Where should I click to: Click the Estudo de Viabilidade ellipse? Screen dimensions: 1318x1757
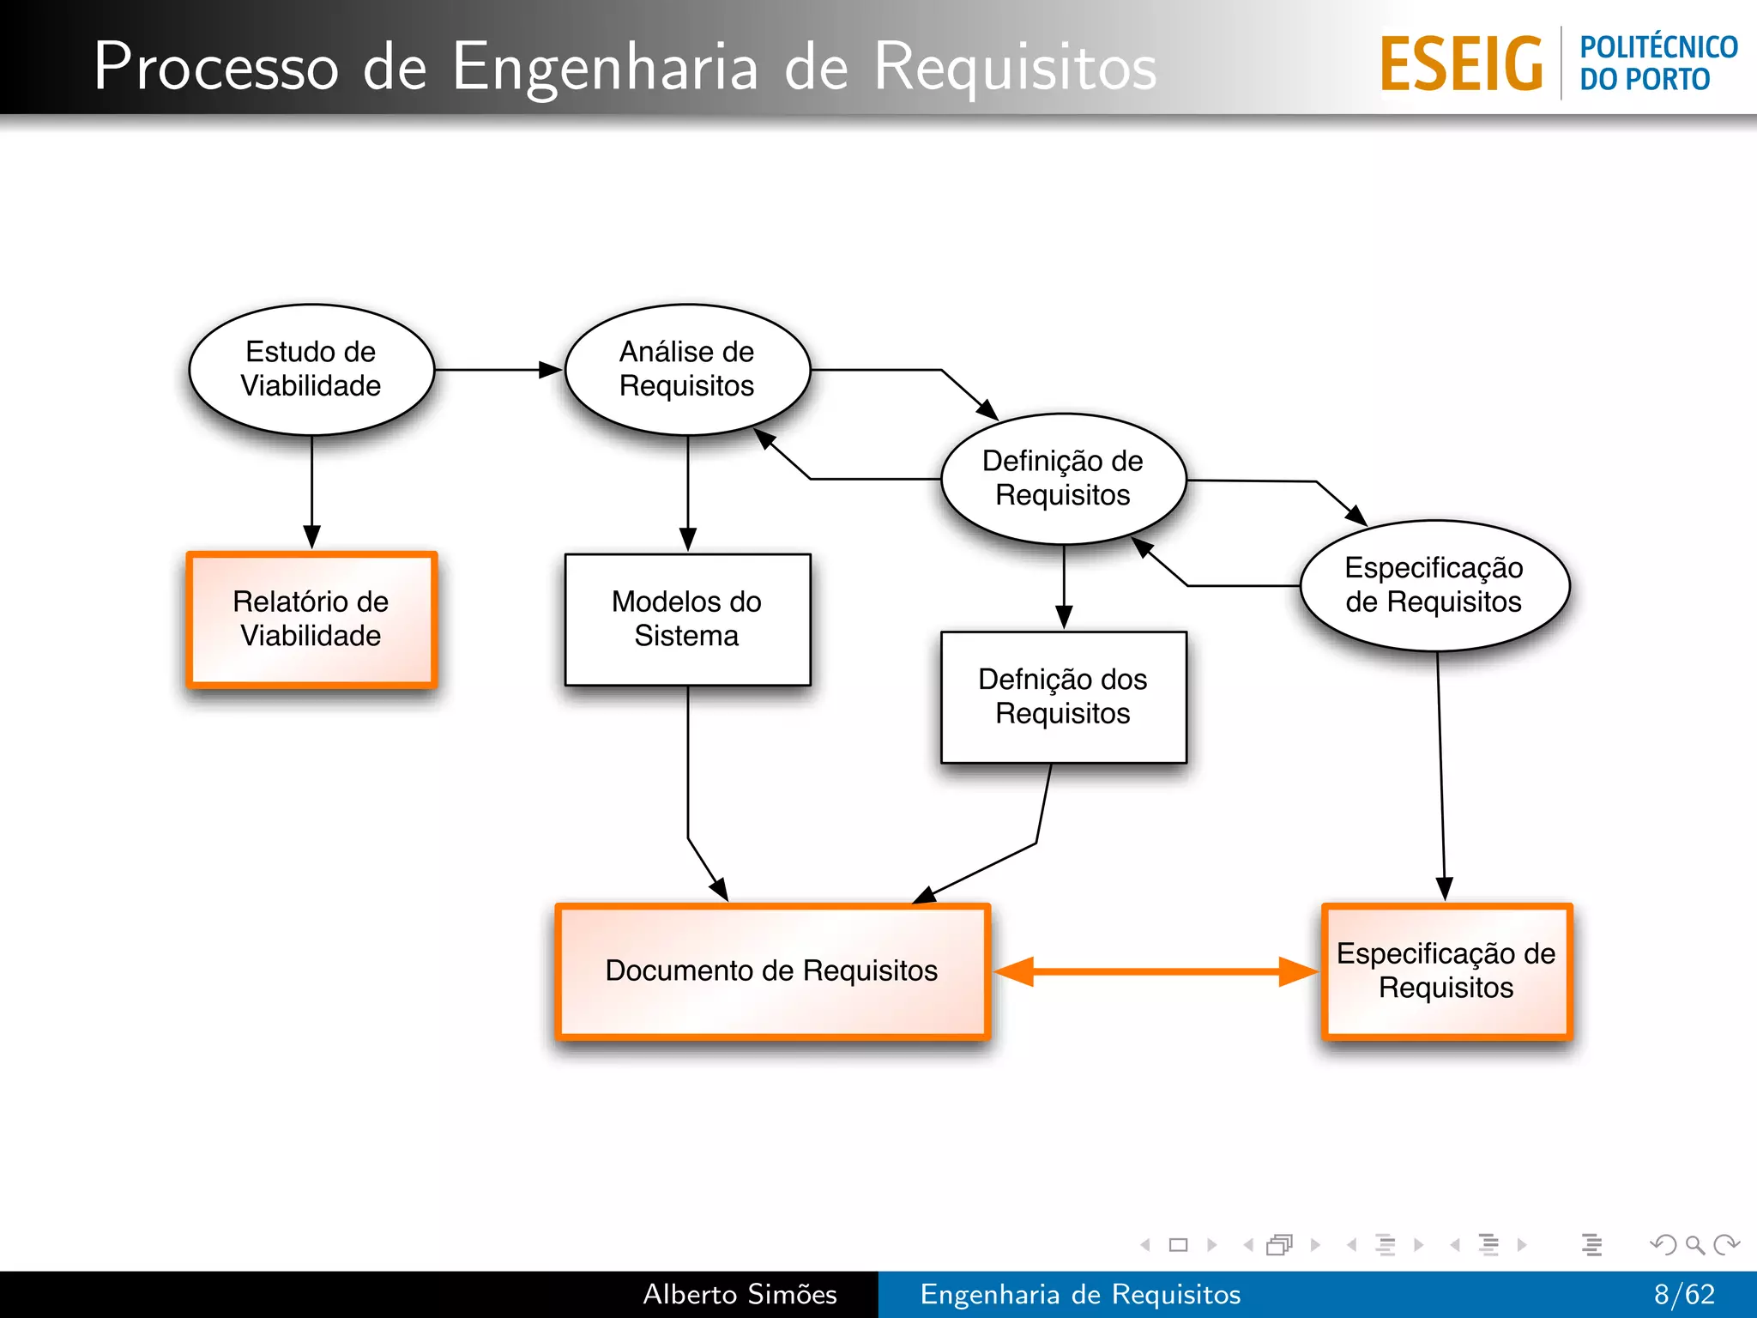coord(311,369)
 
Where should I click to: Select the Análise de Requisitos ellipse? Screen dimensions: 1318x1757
coord(687,369)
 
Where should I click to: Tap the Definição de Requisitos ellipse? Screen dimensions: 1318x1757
coord(1063,478)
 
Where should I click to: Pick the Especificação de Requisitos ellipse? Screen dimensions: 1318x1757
coord(1434,585)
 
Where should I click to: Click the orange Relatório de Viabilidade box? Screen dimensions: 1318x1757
coord(311,620)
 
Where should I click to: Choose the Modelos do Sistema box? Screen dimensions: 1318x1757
coord(687,620)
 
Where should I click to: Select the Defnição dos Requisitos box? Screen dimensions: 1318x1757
coord(1063,697)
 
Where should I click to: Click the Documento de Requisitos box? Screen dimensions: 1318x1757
coord(772,971)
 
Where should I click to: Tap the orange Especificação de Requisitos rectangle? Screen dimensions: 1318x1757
coord(1446,971)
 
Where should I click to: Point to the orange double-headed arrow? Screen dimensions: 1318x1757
coord(1156,971)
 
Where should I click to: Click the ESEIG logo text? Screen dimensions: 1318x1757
coord(1461,63)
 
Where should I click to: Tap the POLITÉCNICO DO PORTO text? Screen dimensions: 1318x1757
coord(1657,63)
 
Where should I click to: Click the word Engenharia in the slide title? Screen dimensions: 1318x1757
coord(605,67)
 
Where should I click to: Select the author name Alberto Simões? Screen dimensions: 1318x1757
coord(740,1294)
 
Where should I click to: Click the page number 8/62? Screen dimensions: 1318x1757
coord(1684,1294)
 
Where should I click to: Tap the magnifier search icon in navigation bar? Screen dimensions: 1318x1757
coord(1694,1245)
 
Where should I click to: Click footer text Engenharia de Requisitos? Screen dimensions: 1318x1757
coord(1080,1294)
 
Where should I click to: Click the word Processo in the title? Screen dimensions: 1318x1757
coord(216,67)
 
